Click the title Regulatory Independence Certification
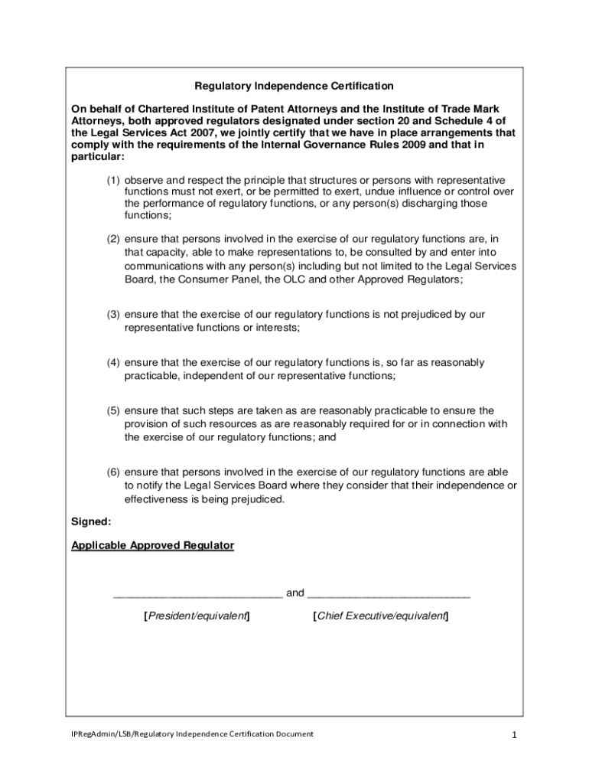(x=294, y=86)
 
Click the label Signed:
(x=91, y=521)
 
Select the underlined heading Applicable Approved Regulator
(x=153, y=546)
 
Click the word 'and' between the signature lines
(x=294, y=593)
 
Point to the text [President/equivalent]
(x=197, y=616)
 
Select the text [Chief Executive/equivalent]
(x=381, y=616)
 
